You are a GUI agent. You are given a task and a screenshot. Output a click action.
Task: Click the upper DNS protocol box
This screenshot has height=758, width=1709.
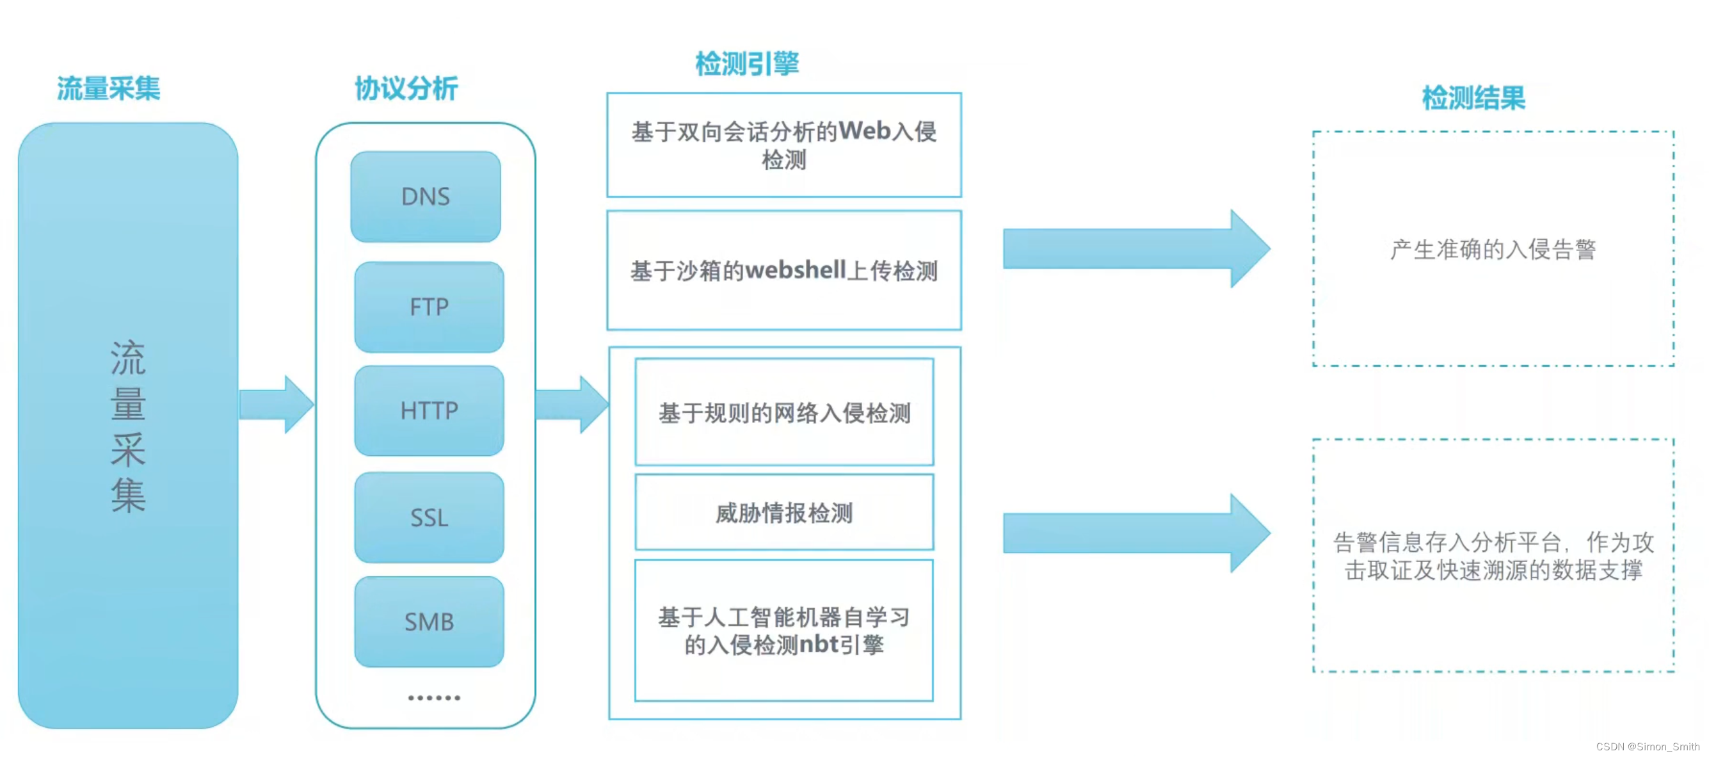point(425,197)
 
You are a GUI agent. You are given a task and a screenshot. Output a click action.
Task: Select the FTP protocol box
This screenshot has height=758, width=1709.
point(429,307)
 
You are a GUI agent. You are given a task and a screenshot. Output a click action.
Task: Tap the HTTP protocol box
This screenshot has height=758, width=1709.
point(429,411)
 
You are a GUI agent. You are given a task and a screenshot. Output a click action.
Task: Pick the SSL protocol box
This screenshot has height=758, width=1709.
point(429,518)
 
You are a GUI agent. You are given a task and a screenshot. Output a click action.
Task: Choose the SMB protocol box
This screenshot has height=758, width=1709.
point(429,622)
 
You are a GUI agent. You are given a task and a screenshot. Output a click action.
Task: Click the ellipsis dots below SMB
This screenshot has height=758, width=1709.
point(434,698)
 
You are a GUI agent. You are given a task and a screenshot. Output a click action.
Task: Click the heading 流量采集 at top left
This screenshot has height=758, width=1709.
point(108,88)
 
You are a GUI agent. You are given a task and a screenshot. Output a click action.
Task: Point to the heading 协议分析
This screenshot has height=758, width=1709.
point(406,88)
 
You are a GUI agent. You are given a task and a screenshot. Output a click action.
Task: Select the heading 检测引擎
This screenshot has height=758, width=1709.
point(747,64)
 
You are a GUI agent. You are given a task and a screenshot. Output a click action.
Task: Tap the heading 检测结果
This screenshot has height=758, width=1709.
point(1473,98)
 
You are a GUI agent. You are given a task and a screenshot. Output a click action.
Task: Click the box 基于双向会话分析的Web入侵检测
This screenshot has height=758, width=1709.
point(783,145)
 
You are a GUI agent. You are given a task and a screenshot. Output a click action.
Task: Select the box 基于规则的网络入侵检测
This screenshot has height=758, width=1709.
point(783,412)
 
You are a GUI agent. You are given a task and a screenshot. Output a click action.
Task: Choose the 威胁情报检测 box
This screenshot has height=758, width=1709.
point(783,512)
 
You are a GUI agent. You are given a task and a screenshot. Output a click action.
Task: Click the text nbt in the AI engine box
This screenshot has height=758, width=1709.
point(819,644)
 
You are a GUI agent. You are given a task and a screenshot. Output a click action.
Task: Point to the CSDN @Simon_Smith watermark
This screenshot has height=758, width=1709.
point(1648,746)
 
